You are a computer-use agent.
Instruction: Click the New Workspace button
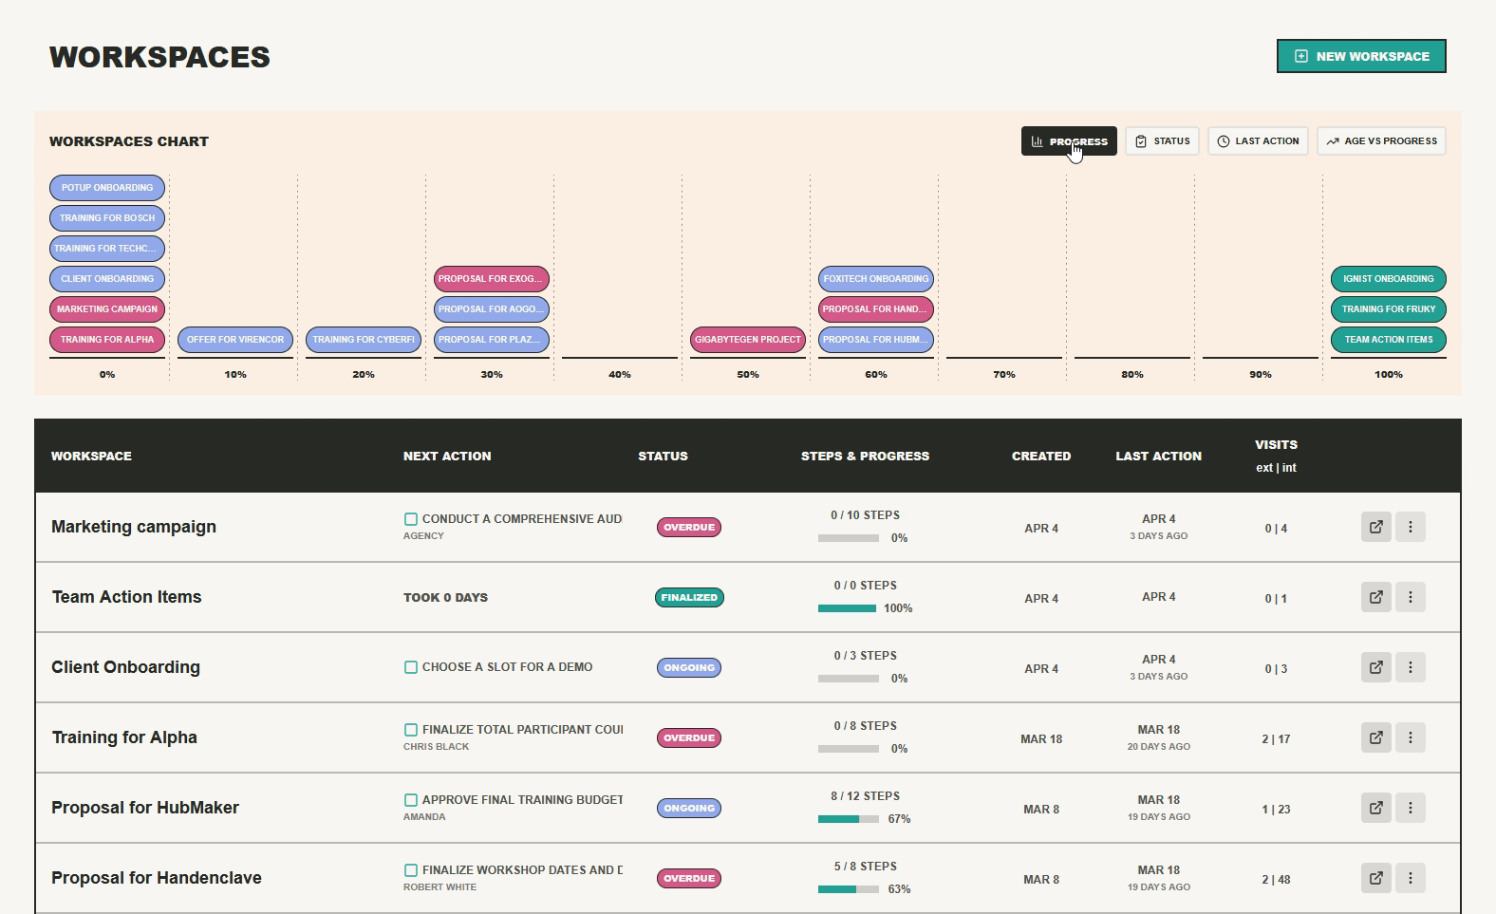pyautogui.click(x=1361, y=56)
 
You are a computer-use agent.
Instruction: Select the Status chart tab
pyautogui.click(x=1162, y=141)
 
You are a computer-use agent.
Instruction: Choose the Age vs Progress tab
pyautogui.click(x=1381, y=141)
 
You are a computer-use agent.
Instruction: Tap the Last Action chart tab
pyautogui.click(x=1258, y=141)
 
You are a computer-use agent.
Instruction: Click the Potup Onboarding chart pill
pyautogui.click(x=107, y=188)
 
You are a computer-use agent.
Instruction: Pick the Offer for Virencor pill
pyautogui.click(x=235, y=340)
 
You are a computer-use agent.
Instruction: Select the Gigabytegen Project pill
pyautogui.click(x=748, y=340)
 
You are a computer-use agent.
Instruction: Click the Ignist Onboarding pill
pyautogui.click(x=1388, y=279)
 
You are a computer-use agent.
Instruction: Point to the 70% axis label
pyautogui.click(x=1004, y=375)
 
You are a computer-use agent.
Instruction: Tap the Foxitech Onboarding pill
pyautogui.click(x=876, y=279)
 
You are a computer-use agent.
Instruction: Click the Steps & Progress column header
pyautogui.click(x=865, y=457)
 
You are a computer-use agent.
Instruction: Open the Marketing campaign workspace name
pyautogui.click(x=134, y=527)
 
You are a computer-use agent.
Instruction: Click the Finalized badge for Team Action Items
pyautogui.click(x=689, y=598)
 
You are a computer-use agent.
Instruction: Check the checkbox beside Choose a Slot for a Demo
pyautogui.click(x=411, y=667)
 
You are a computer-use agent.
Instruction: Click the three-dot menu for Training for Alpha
pyautogui.click(x=1411, y=737)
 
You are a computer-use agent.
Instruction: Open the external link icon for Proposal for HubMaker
pyautogui.click(x=1376, y=808)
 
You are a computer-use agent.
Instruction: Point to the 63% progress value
pyautogui.click(x=899, y=889)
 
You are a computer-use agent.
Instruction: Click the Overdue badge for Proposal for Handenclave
pyautogui.click(x=689, y=879)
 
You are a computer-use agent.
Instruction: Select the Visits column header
pyautogui.click(x=1276, y=445)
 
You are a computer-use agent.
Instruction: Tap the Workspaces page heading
pyautogui.click(x=159, y=57)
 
